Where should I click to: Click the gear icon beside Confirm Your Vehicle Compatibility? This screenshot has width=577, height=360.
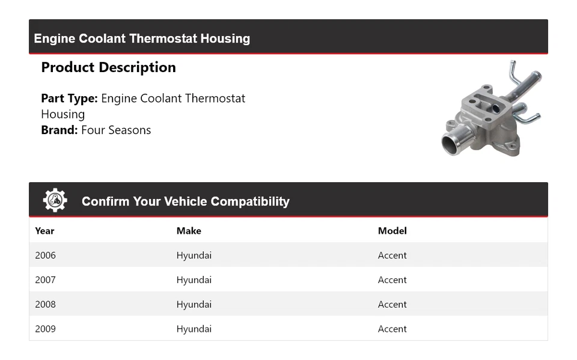pyautogui.click(x=55, y=200)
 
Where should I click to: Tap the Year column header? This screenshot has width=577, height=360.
pyautogui.click(x=44, y=231)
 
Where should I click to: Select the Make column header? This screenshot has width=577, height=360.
pyautogui.click(x=189, y=231)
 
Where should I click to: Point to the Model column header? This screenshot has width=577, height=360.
pyautogui.click(x=392, y=231)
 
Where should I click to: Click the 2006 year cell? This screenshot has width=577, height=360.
pyautogui.click(x=45, y=255)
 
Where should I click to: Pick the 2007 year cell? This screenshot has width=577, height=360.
pyautogui.click(x=45, y=280)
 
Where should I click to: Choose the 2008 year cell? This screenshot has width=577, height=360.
pyautogui.click(x=45, y=305)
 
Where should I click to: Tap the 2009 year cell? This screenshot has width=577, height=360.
pyautogui.click(x=45, y=329)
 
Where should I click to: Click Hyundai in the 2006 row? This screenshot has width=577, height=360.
pyautogui.click(x=194, y=255)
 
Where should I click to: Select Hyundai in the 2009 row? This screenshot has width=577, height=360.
pyautogui.click(x=194, y=329)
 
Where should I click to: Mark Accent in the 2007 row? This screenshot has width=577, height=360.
pyautogui.click(x=392, y=280)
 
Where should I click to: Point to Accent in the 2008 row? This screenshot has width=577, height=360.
pyautogui.click(x=392, y=305)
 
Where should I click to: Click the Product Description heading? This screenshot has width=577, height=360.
pyautogui.click(x=108, y=67)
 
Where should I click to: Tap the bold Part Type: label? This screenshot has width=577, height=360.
pyautogui.click(x=69, y=99)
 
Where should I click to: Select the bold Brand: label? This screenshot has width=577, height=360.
pyautogui.click(x=59, y=130)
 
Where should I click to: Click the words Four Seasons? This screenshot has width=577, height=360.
pyautogui.click(x=116, y=130)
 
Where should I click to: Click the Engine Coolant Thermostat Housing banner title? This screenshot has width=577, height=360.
pyautogui.click(x=142, y=38)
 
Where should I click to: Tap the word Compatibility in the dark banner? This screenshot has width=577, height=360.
pyautogui.click(x=252, y=202)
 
